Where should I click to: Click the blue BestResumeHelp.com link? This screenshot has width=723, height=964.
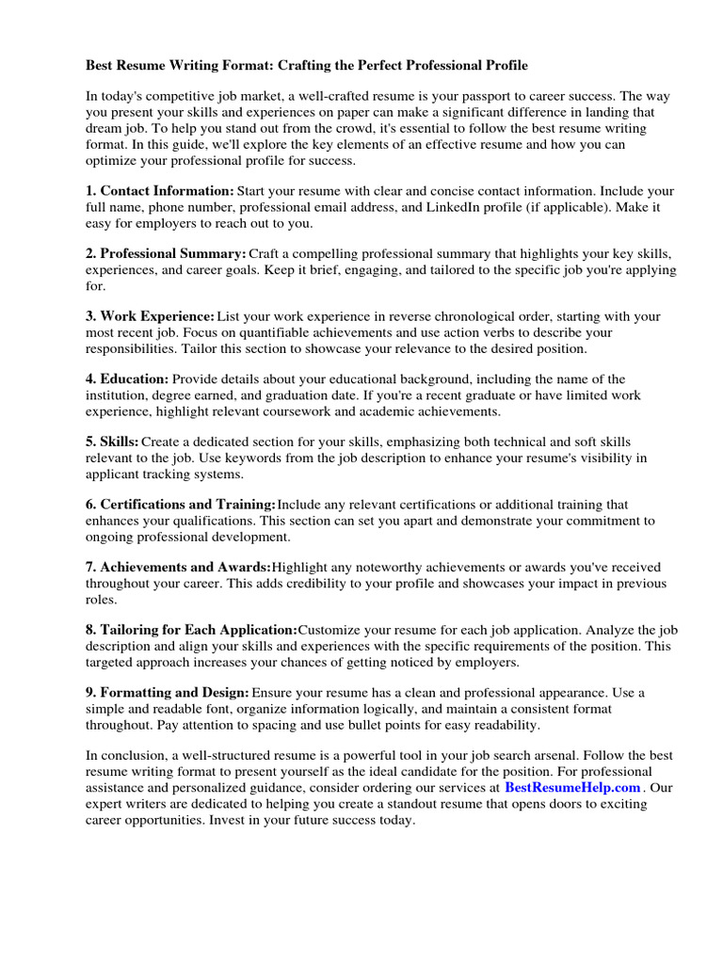tap(572, 787)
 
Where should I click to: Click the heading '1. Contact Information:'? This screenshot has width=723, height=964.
tap(160, 190)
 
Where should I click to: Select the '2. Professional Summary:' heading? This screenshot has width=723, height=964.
tap(167, 254)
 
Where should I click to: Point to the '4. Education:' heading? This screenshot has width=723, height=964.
tap(127, 379)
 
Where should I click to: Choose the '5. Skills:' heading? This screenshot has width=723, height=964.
tap(113, 442)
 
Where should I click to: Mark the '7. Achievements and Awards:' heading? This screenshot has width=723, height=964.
tap(178, 567)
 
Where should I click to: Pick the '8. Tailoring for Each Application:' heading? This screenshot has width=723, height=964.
tap(192, 629)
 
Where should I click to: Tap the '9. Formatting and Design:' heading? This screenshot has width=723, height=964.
tap(168, 692)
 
